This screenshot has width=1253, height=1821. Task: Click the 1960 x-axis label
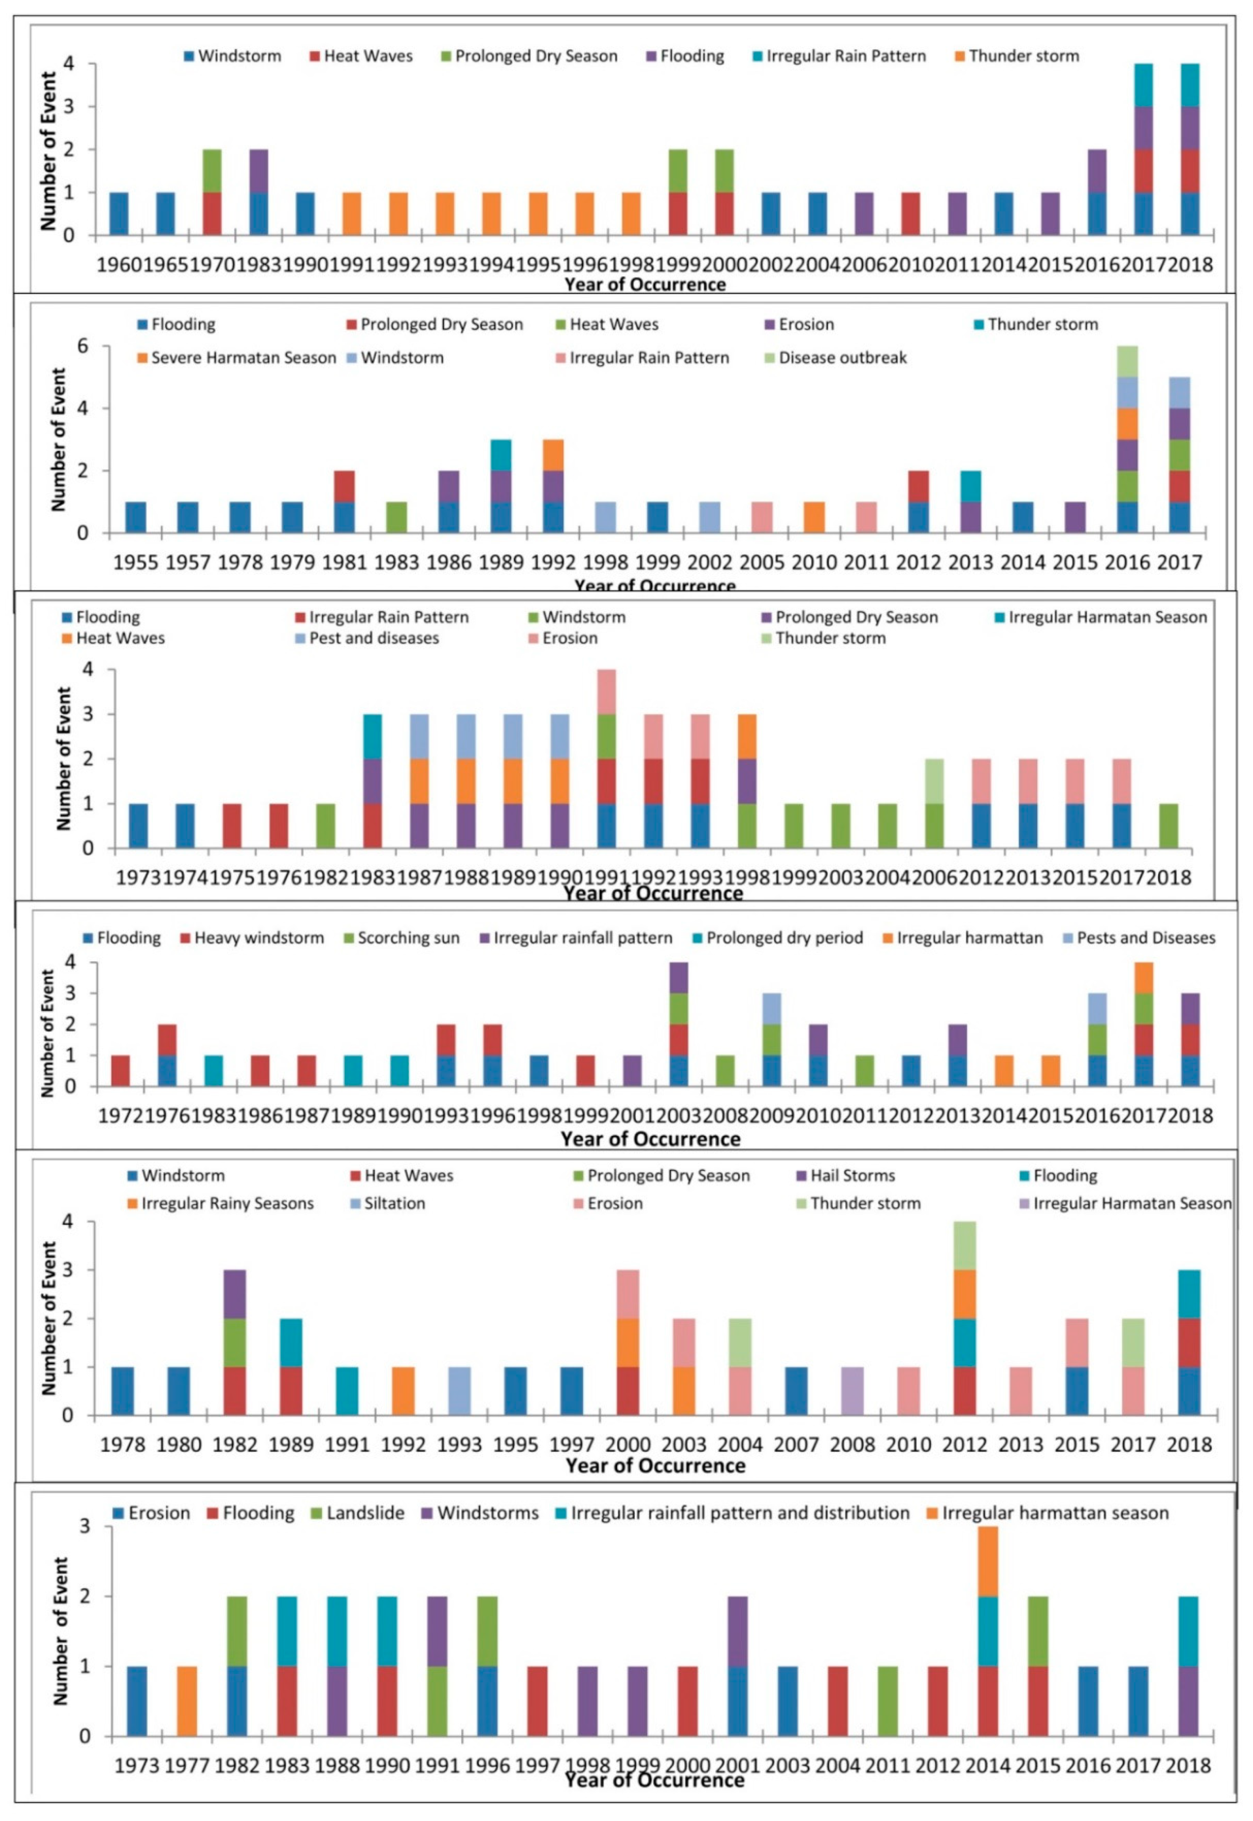pyautogui.click(x=119, y=264)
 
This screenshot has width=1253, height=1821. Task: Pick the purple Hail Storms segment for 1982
pyautogui.click(x=235, y=1293)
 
